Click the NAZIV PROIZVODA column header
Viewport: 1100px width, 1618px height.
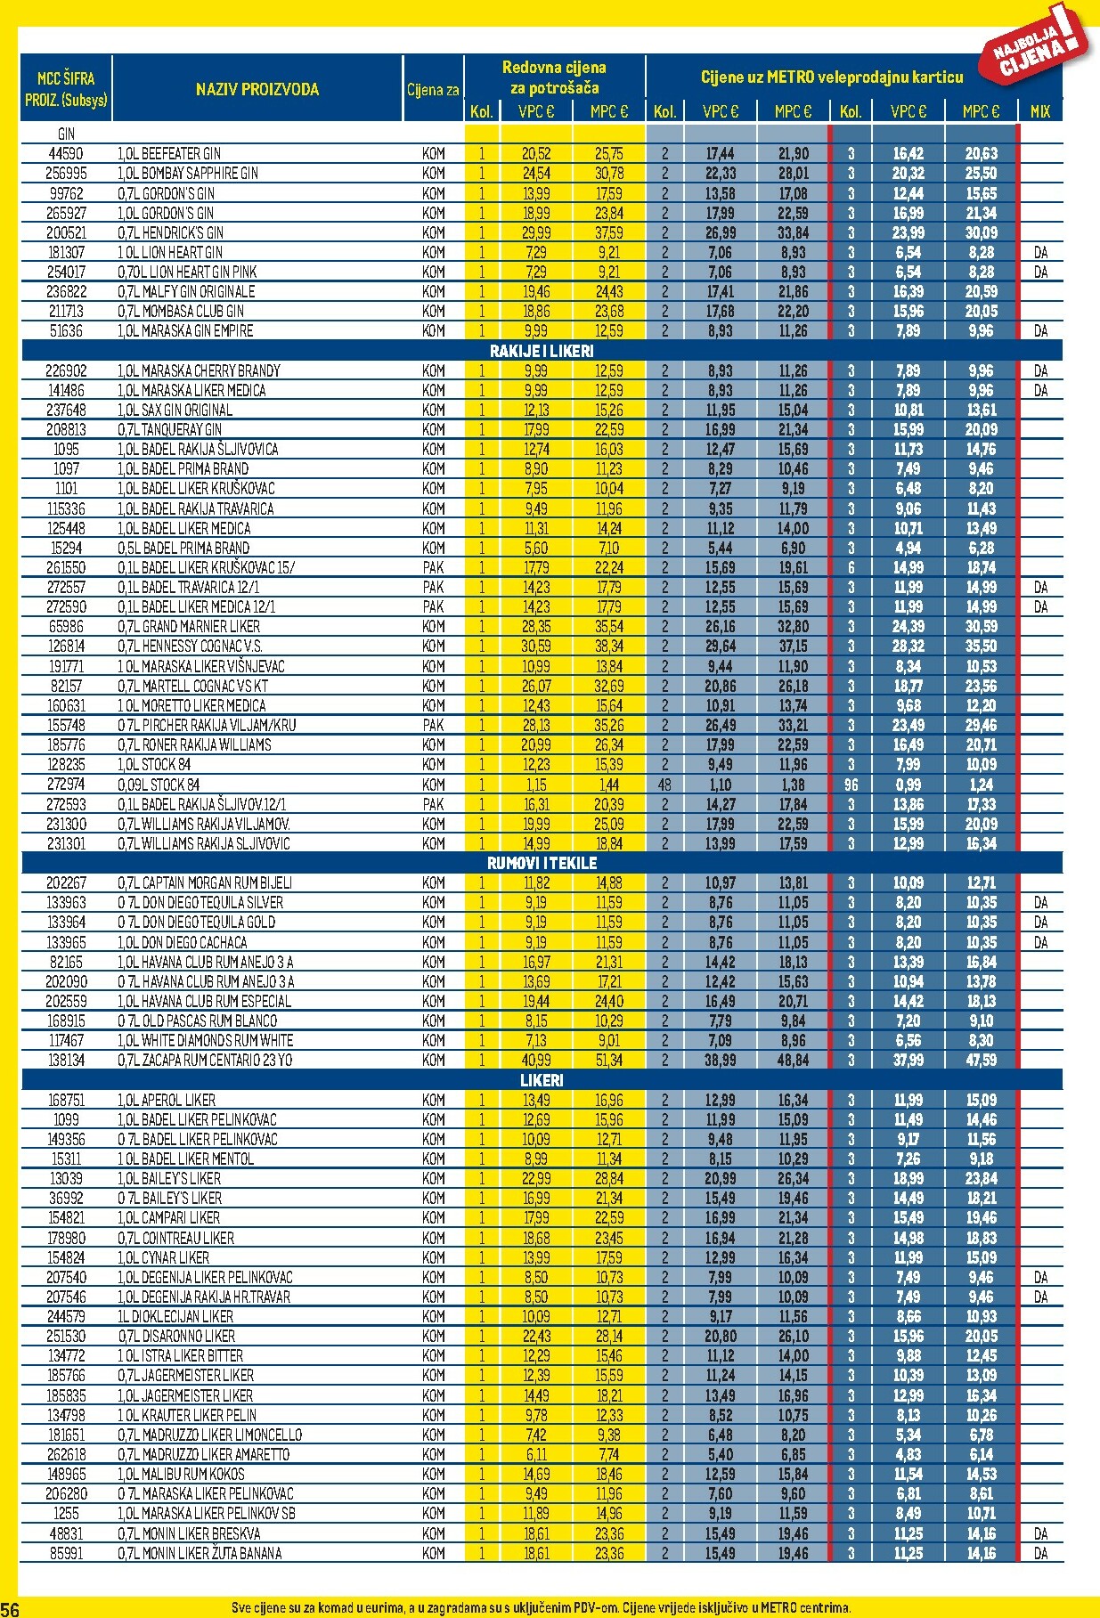pos(257,89)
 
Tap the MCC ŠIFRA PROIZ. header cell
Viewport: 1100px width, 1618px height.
pos(66,89)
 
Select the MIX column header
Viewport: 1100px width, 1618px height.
pos(1039,111)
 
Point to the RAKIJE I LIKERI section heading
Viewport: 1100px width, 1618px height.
pos(541,351)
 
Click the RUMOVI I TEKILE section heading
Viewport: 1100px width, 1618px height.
pos(541,863)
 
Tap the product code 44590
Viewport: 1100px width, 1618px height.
pos(66,153)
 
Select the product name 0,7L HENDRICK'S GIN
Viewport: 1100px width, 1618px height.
pos(170,232)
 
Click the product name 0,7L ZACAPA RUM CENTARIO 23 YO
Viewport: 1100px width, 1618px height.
pos(205,1060)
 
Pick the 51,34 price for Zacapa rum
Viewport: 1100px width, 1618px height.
pos(609,1060)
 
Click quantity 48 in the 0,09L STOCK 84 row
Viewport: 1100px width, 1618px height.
pos(664,785)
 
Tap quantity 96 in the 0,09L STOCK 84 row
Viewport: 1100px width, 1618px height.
pos(851,785)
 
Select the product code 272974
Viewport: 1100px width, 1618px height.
pos(66,785)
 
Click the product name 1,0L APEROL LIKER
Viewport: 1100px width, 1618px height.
pos(167,1100)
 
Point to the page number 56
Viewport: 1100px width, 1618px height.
pos(10,1608)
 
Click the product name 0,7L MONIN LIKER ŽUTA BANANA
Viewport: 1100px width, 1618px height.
pos(200,1553)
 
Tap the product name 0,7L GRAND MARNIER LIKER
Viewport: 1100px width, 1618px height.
pos(189,626)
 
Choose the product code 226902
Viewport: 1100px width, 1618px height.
pos(66,370)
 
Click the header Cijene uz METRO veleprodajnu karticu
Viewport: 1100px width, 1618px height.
pos(831,77)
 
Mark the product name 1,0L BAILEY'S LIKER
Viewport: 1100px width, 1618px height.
pos(169,1178)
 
